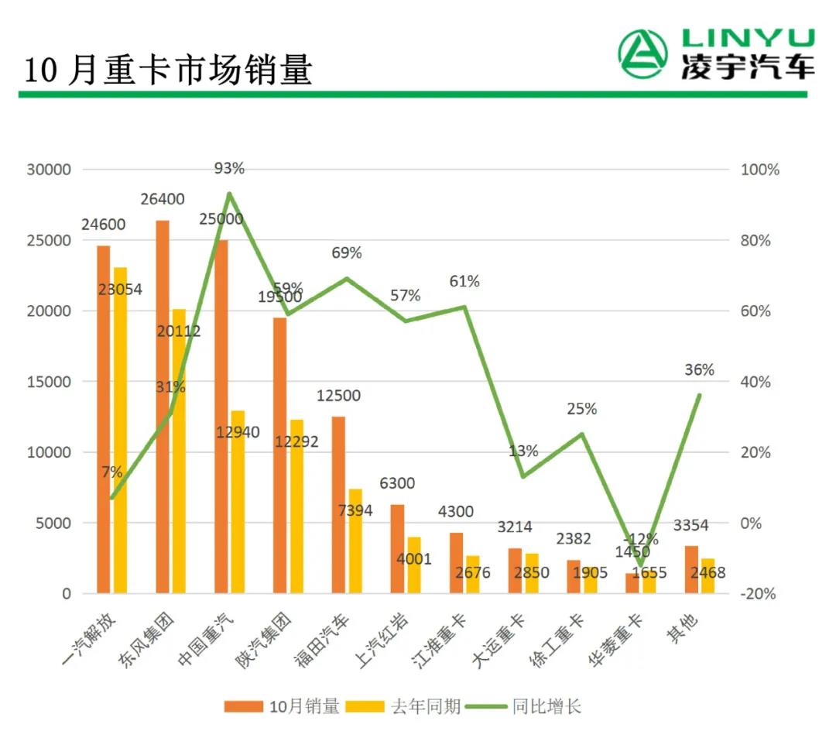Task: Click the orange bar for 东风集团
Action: [x=163, y=407]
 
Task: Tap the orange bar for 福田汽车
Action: [x=338, y=504]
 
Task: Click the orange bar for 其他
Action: [x=691, y=569]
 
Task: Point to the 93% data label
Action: [x=229, y=168]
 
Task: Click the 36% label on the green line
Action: [x=699, y=370]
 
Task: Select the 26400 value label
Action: [x=163, y=199]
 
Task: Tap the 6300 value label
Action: [x=397, y=483]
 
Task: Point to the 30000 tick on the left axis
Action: [x=49, y=170]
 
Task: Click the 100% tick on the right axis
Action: [x=759, y=170]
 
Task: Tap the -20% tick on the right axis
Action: [x=759, y=594]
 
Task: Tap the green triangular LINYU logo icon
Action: [x=642, y=54]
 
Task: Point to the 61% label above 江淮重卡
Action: [x=464, y=282]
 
